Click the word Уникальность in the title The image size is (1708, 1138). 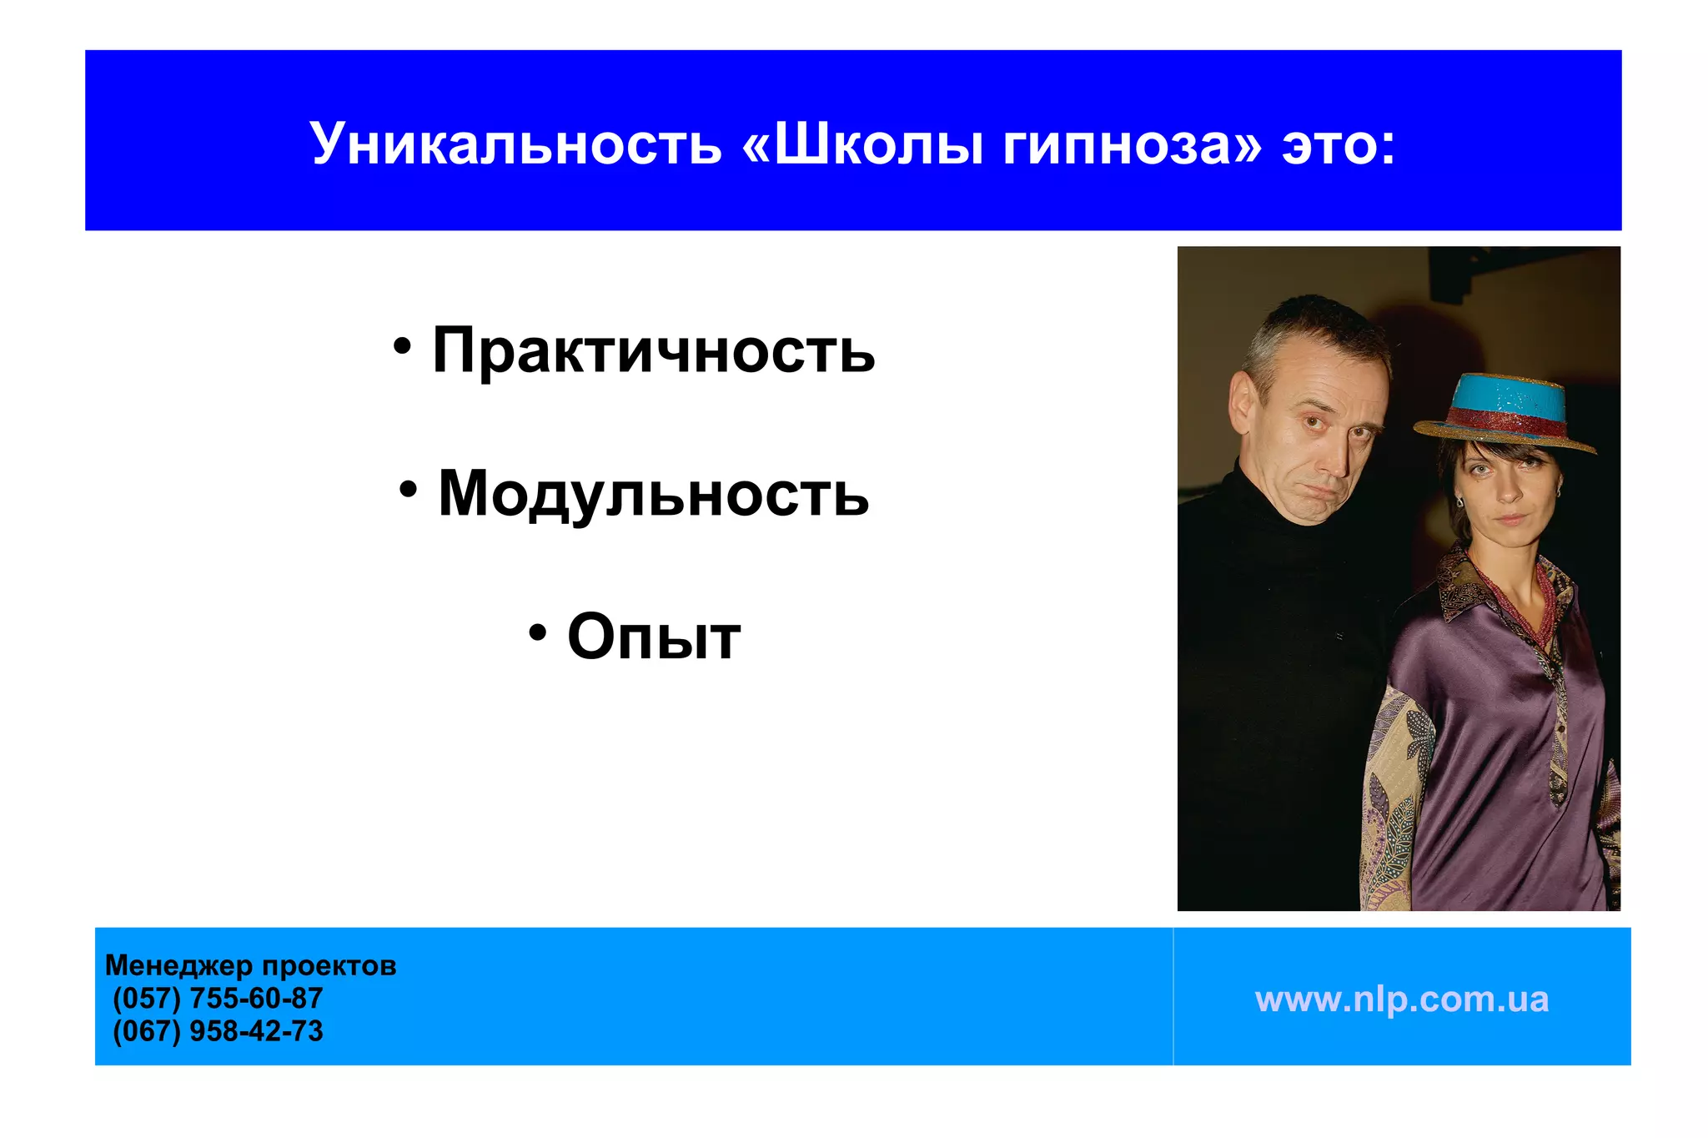pyautogui.click(x=515, y=144)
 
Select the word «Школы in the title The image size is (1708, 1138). pyautogui.click(x=862, y=144)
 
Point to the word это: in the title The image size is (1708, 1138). pyautogui.click(x=1338, y=144)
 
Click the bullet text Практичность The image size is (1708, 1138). pyautogui.click(x=653, y=350)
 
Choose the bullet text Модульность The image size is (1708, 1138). pyautogui.click(x=653, y=493)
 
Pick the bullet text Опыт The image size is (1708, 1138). pyautogui.click(x=653, y=637)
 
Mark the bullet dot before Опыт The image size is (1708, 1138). pyautogui.click(x=538, y=633)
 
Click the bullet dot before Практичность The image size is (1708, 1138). pyautogui.click(x=403, y=347)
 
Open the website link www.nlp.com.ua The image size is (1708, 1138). pyautogui.click(x=1401, y=999)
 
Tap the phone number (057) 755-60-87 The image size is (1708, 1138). pyautogui.click(x=218, y=998)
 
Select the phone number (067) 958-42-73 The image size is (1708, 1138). pyautogui.click(x=218, y=1031)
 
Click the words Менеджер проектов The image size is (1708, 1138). pyautogui.click(x=250, y=965)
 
